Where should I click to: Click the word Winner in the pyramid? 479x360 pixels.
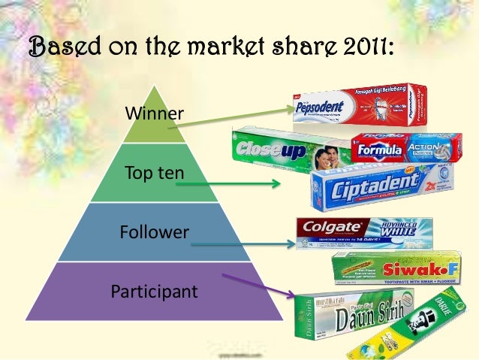click(154, 114)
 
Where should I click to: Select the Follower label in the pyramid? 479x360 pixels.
click(154, 232)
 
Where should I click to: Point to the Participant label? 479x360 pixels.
click(154, 290)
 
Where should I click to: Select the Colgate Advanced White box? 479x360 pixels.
click(364, 232)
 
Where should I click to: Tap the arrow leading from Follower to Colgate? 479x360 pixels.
click(240, 244)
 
